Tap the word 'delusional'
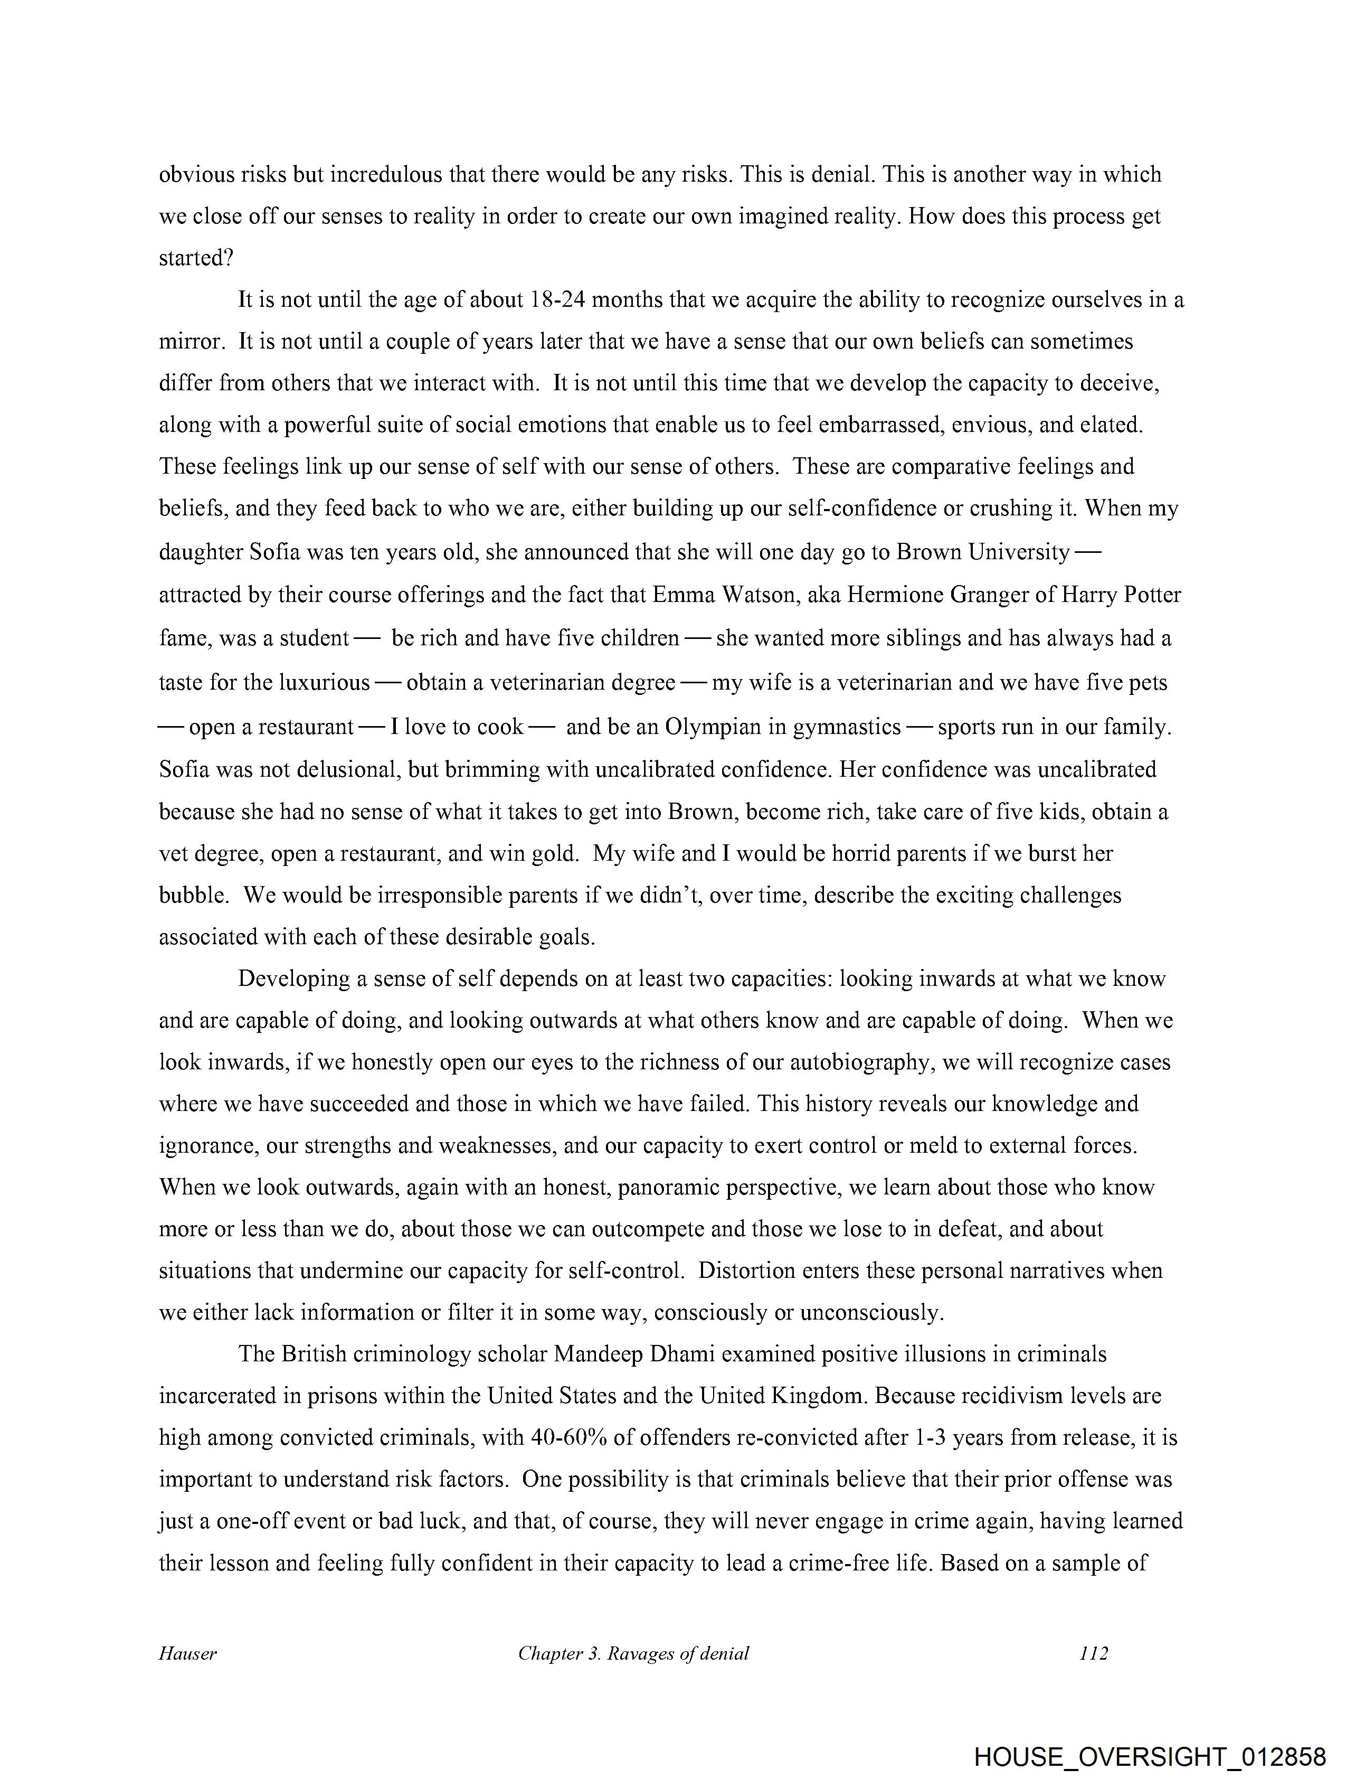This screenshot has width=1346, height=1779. pyautogui.click(x=347, y=770)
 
